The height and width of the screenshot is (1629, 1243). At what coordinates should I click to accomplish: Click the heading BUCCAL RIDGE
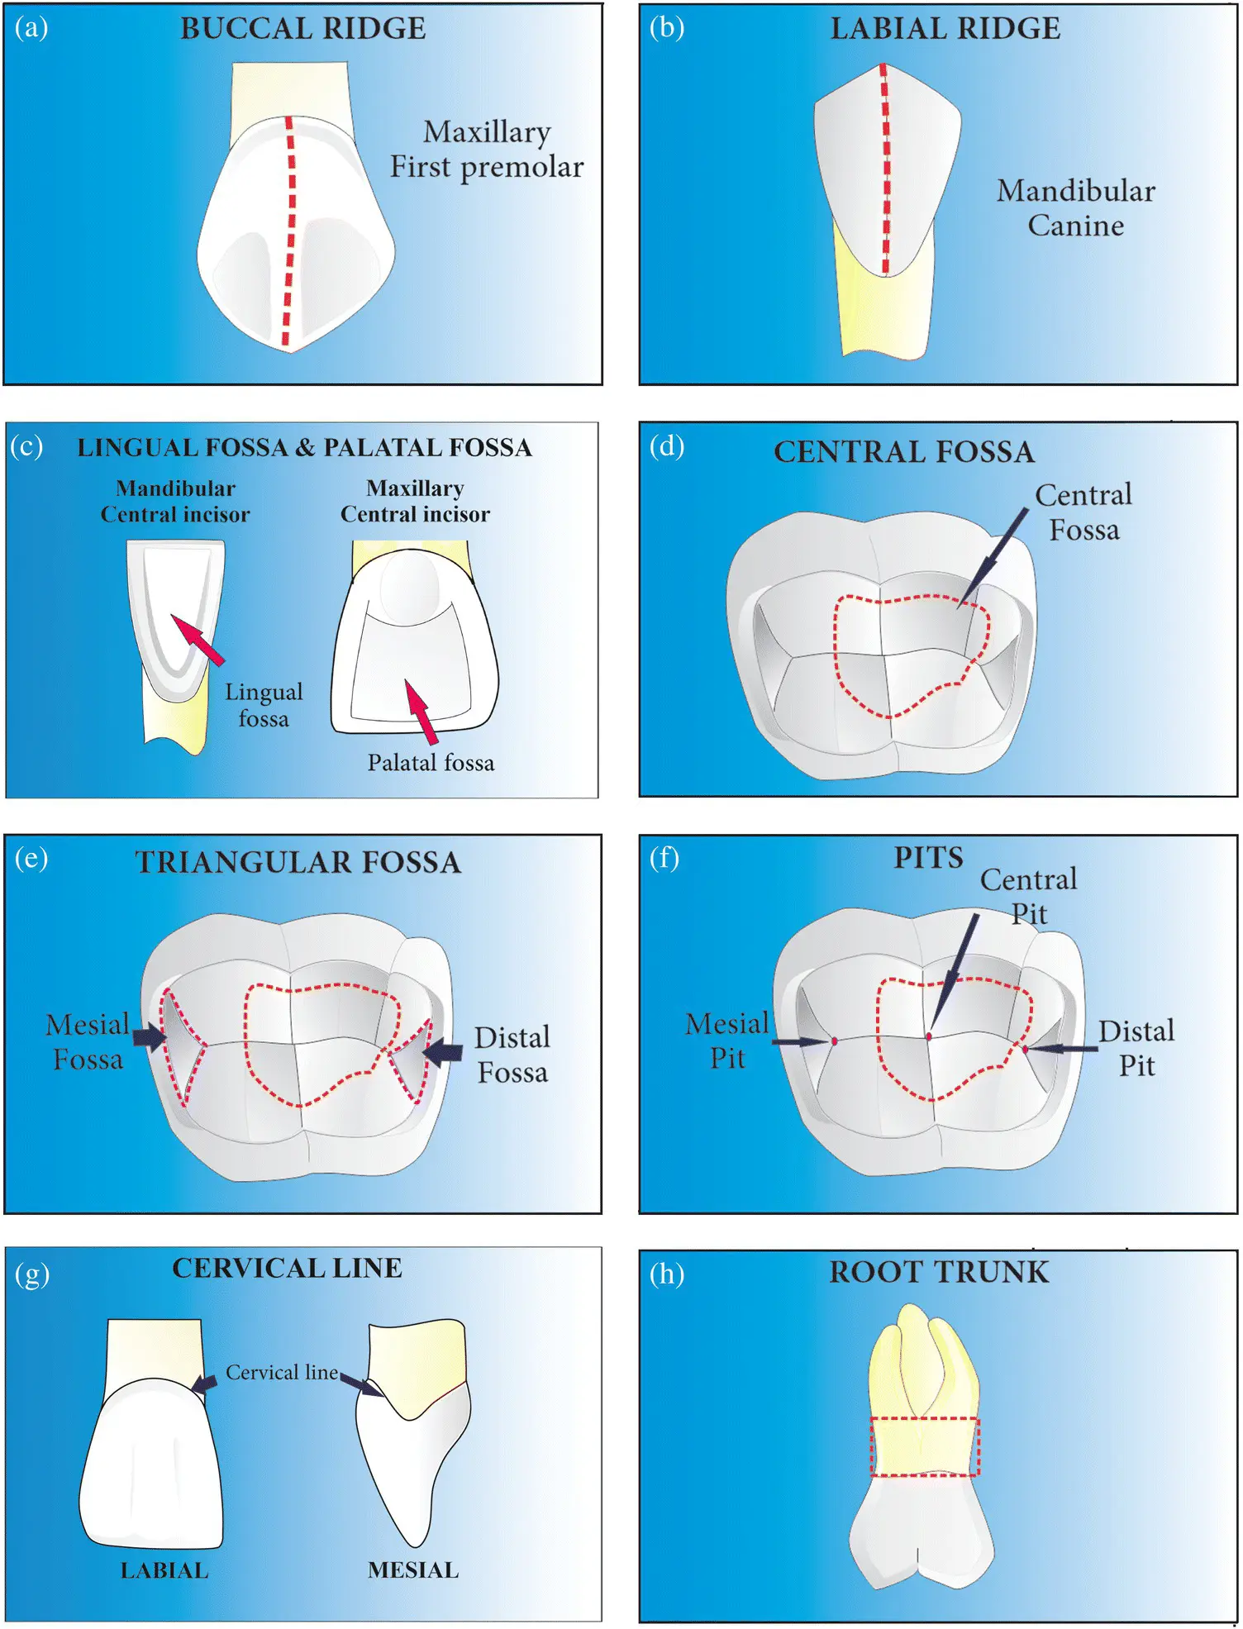(x=302, y=29)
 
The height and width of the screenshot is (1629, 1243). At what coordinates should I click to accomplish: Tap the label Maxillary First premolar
(x=487, y=150)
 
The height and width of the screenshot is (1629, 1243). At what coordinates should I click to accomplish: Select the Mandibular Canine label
(x=1075, y=207)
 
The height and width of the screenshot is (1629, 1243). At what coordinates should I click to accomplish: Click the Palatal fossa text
(x=431, y=762)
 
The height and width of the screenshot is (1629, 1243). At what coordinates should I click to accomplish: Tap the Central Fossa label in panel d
(x=1083, y=512)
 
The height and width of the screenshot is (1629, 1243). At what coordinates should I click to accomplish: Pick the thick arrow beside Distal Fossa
(x=442, y=1051)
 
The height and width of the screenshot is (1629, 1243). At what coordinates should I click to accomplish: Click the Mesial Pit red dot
(x=834, y=1041)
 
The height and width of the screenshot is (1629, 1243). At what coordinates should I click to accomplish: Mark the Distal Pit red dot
(x=1025, y=1049)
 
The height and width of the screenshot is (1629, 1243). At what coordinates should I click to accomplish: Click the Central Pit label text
(x=1029, y=896)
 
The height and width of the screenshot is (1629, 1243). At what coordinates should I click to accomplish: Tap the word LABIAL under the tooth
(x=164, y=1570)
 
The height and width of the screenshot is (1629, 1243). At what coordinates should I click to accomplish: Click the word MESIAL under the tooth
(x=413, y=1569)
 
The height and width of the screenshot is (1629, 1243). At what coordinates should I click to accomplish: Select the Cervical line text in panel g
(x=282, y=1373)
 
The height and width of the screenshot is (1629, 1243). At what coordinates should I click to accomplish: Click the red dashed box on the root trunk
(x=924, y=1446)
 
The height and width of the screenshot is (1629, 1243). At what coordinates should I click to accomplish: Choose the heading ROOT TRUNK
(x=939, y=1272)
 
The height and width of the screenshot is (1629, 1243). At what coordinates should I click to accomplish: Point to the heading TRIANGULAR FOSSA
(x=298, y=862)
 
